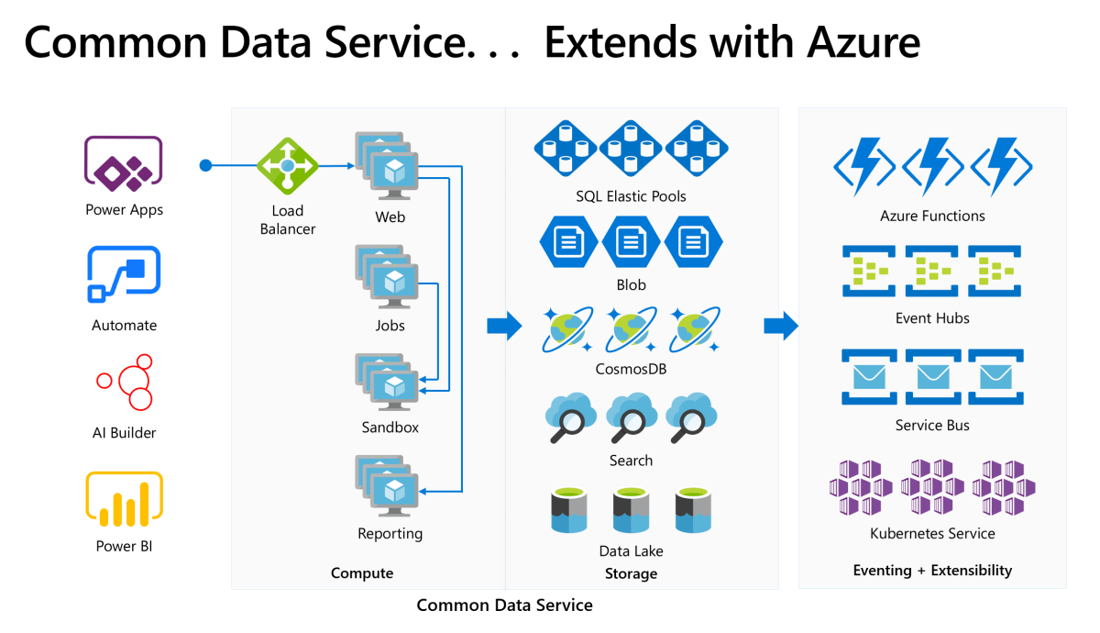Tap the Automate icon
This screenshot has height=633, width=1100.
pyautogui.click(x=124, y=273)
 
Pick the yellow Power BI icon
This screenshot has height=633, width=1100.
pyautogui.click(x=124, y=499)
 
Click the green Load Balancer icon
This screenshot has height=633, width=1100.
pyautogui.click(x=287, y=166)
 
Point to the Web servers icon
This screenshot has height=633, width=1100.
pyautogui.click(x=386, y=166)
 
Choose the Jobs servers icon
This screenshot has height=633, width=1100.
pyautogui.click(x=386, y=277)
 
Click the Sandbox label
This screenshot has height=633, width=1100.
pyautogui.click(x=390, y=428)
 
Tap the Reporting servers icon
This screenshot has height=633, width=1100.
pyautogui.click(x=386, y=487)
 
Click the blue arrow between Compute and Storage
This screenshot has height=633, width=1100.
pyautogui.click(x=503, y=326)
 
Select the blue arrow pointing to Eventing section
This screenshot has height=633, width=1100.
pyautogui.click(x=781, y=326)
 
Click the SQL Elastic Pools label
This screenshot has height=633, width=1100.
pyautogui.click(x=631, y=196)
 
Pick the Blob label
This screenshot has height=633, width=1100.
pyautogui.click(x=631, y=285)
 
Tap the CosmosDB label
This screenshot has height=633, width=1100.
pyautogui.click(x=631, y=370)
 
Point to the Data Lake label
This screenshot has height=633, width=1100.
pyautogui.click(x=631, y=551)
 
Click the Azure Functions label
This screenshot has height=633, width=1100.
pyautogui.click(x=932, y=217)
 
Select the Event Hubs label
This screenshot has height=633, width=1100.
pyautogui.click(x=932, y=319)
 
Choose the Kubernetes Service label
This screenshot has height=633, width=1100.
pyautogui.click(x=932, y=534)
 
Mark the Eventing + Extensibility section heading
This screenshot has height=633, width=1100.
pyautogui.click(x=932, y=571)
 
